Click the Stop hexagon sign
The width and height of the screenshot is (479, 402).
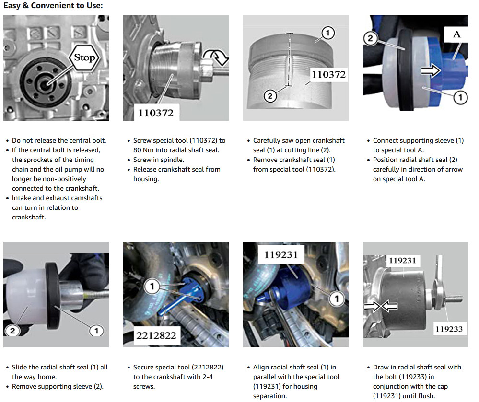click(x=84, y=57)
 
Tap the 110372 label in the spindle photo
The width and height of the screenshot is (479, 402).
click(x=156, y=113)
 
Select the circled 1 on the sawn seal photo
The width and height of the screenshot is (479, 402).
click(x=328, y=33)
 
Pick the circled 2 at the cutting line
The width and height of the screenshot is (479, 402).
click(x=270, y=96)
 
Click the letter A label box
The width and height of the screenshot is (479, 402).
click(x=456, y=34)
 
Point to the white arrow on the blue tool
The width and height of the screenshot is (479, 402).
click(x=431, y=71)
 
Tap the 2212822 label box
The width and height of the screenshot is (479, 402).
click(x=156, y=336)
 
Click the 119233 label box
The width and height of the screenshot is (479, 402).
click(x=449, y=329)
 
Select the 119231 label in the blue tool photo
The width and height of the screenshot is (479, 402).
click(x=281, y=254)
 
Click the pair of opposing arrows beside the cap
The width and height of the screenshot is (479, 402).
click(x=381, y=305)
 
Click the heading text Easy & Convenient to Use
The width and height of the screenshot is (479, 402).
click(x=53, y=5)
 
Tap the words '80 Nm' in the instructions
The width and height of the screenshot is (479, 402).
click(x=143, y=150)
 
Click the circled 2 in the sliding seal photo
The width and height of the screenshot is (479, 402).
click(x=12, y=331)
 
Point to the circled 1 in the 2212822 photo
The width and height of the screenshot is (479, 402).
click(x=152, y=287)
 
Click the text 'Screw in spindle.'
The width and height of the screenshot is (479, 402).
click(x=159, y=160)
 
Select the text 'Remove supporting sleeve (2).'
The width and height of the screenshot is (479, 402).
click(x=58, y=386)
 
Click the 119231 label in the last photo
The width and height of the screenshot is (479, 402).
click(x=402, y=261)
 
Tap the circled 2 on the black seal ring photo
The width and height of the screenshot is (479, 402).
click(x=370, y=38)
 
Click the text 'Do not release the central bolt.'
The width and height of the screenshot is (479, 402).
click(x=59, y=140)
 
